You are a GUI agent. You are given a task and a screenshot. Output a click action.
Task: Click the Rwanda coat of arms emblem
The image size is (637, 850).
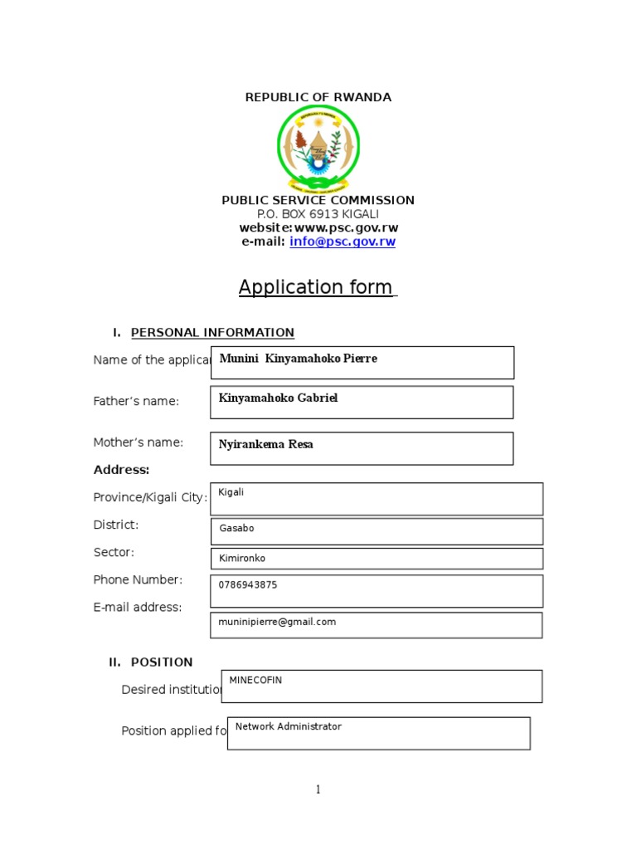pyautogui.click(x=318, y=149)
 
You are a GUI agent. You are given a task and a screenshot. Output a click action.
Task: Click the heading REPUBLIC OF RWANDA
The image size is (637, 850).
pyautogui.click(x=318, y=97)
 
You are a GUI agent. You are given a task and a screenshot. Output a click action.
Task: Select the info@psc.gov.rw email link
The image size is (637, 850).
pyautogui.click(x=342, y=242)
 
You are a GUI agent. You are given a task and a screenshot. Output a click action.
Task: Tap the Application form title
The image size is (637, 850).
pyautogui.click(x=316, y=287)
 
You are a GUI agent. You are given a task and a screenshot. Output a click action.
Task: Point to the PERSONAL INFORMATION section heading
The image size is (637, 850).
pyautogui.click(x=212, y=333)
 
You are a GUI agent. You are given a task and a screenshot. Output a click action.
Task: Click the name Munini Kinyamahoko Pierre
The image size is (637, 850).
pyautogui.click(x=298, y=359)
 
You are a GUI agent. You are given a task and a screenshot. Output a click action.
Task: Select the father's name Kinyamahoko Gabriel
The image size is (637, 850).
pyautogui.click(x=278, y=398)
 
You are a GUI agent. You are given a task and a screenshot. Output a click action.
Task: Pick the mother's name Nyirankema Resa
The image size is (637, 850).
pyautogui.click(x=265, y=445)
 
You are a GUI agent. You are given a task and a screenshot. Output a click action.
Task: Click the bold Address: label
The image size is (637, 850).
pyautogui.click(x=121, y=470)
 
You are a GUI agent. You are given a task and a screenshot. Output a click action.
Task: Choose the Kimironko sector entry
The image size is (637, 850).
pyautogui.click(x=242, y=559)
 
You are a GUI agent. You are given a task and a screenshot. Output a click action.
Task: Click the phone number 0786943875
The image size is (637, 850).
pyautogui.click(x=247, y=585)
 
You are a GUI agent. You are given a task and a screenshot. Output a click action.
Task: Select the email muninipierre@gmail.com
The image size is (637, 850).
pyautogui.click(x=277, y=622)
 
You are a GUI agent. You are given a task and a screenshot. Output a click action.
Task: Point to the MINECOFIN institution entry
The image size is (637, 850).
pyautogui.click(x=255, y=680)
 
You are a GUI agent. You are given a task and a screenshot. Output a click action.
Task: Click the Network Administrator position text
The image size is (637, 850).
pyautogui.click(x=288, y=726)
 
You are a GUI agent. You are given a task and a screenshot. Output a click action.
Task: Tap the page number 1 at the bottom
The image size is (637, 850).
pyautogui.click(x=318, y=790)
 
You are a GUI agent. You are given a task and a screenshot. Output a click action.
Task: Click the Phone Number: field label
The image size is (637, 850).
pyautogui.click(x=138, y=579)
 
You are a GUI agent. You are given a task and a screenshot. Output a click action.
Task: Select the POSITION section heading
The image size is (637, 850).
pyautogui.click(x=161, y=662)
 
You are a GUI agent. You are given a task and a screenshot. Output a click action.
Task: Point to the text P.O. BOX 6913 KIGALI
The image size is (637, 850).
pyautogui.click(x=318, y=214)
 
